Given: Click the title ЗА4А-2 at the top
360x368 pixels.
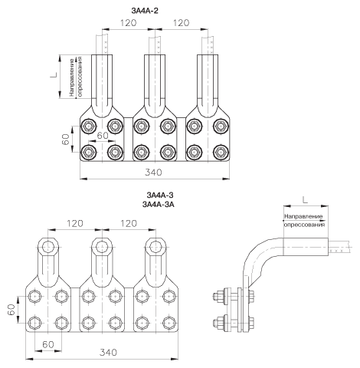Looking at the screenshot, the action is [145, 11].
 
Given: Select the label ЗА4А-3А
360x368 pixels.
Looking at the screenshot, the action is [159, 205].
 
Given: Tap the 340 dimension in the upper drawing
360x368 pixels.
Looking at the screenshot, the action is [153, 172].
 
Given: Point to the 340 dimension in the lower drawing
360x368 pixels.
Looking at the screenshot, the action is [108, 353].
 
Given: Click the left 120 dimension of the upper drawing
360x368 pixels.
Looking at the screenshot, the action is [128, 23].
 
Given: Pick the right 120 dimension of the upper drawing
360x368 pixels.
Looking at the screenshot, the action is [181, 23].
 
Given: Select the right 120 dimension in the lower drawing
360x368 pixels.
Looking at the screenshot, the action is [129, 223].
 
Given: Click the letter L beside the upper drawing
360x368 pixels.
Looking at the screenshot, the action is [54, 74].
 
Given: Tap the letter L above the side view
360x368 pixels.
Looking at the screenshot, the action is [305, 200].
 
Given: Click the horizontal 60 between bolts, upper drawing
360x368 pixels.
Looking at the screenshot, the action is [103, 136].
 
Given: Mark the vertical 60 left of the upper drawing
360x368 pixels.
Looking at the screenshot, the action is [66, 140].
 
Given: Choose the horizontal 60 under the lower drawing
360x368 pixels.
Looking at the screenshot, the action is [48, 344].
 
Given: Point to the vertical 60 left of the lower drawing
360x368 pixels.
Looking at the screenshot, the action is [11, 310].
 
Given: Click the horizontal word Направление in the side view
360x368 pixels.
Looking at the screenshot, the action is [303, 216].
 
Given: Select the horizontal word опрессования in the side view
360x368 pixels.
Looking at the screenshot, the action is [305, 225].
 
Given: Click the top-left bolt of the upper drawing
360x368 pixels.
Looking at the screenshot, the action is [89, 126].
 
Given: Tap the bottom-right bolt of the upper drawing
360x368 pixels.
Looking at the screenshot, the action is [220, 153].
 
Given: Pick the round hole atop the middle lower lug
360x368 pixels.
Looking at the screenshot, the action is [102, 247].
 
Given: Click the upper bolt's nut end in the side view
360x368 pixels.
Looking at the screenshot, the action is [216, 296].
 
